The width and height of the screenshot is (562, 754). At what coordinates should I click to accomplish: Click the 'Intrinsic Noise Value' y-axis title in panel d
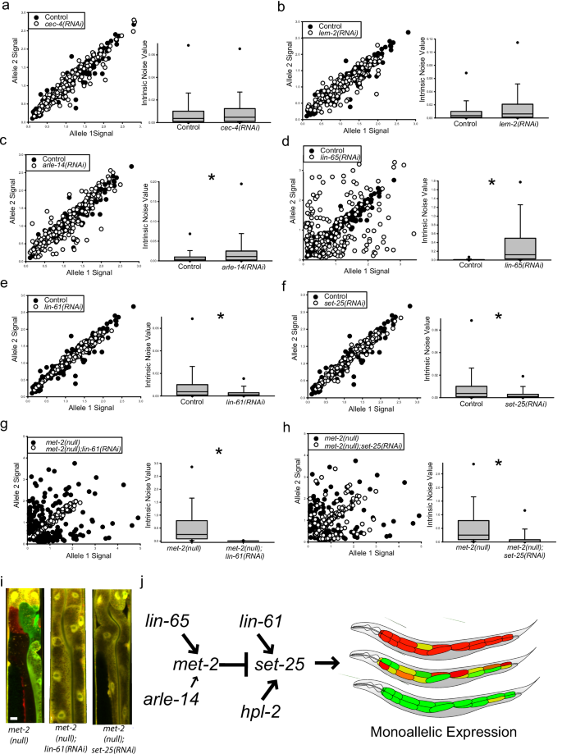[x=432, y=216]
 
